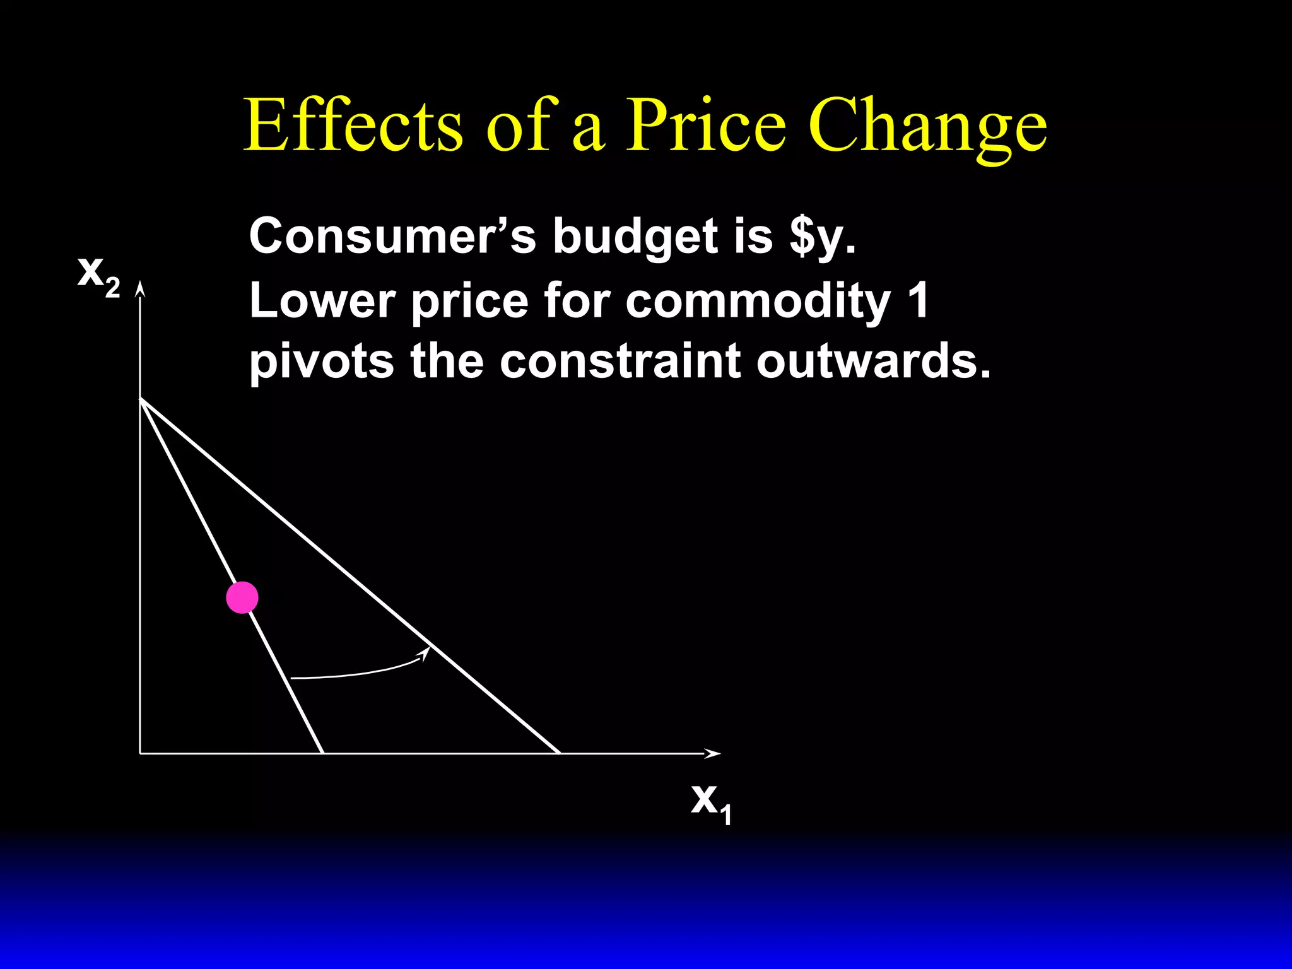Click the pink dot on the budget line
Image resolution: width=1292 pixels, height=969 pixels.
[x=242, y=597]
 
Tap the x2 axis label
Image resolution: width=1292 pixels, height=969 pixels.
[x=98, y=276]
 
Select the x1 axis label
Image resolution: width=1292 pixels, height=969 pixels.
[x=712, y=803]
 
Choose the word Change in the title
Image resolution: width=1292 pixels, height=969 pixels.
[x=927, y=126]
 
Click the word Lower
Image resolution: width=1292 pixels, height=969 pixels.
[x=322, y=300]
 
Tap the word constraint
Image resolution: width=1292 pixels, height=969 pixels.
[x=620, y=361]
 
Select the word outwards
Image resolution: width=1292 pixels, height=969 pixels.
[x=873, y=361]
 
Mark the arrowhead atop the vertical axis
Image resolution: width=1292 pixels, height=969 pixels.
[x=140, y=289]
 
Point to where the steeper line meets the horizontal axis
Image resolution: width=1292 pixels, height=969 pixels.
[x=323, y=753]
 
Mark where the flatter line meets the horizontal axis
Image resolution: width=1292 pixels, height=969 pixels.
[x=559, y=753]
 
